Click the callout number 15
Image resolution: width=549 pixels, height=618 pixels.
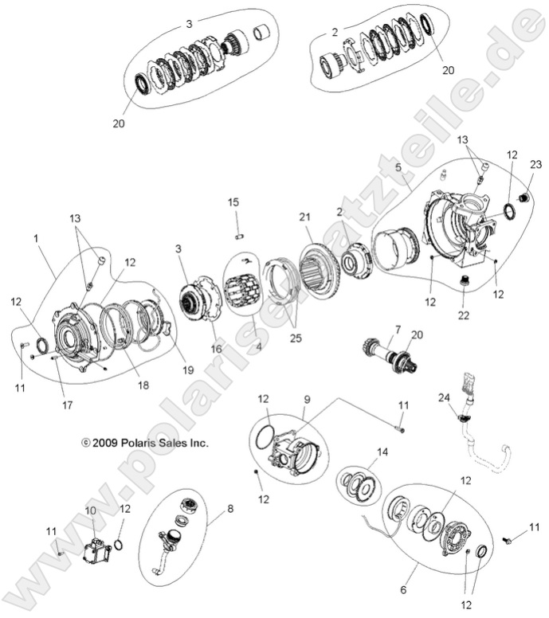click(233, 202)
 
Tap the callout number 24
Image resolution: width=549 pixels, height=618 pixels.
click(444, 397)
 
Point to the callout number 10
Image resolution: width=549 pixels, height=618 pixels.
click(90, 510)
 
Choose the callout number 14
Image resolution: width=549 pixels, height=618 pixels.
click(382, 452)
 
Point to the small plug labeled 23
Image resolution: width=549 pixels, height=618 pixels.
click(523, 198)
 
